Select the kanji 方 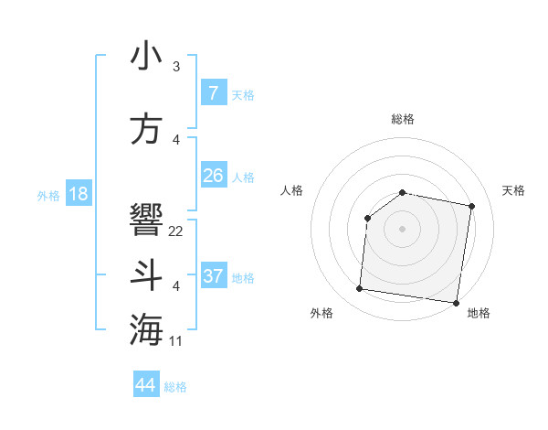pos(147,129)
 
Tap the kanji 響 pos(147,218)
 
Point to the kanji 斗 pos(147,275)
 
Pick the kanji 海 pos(147,329)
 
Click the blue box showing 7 pos(213,93)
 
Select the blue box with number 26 pos(213,176)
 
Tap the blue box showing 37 pos(213,276)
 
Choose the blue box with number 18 pos(78,194)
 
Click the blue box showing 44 pos(146,385)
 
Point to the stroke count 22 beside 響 pos(176,231)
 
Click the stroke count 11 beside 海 pos(176,341)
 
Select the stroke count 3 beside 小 pos(176,67)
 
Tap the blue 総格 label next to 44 pos(175,387)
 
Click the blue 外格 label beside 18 pos(48,195)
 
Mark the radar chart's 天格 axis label pos(513,190)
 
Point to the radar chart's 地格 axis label pos(479,313)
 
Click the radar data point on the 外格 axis pos(359,289)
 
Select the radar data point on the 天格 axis pos(471,207)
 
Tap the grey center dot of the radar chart pos(402,228)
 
